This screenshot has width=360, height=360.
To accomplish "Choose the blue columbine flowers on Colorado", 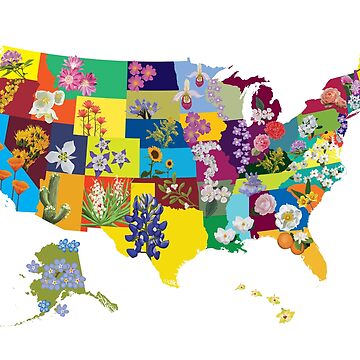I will [x=108, y=159].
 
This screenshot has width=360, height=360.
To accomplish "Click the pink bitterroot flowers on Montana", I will [x=74, y=75].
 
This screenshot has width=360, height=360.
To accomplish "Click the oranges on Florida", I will [x=289, y=240].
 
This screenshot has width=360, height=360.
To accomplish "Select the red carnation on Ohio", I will [x=274, y=130].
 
